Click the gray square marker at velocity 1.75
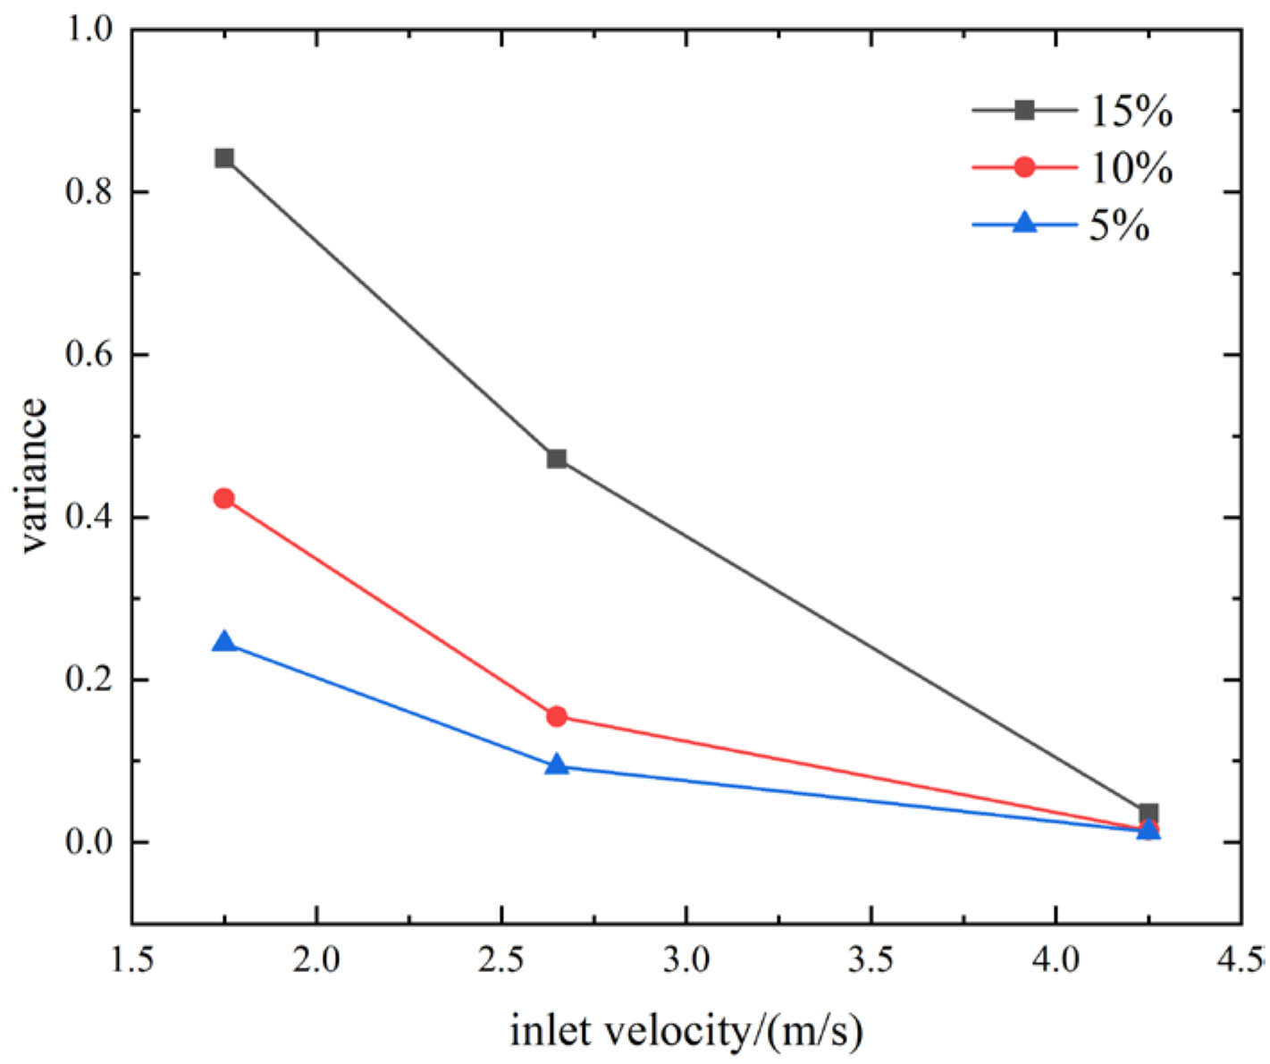click(224, 158)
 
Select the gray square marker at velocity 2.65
click(557, 459)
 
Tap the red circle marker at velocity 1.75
click(224, 499)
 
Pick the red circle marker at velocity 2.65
click(557, 716)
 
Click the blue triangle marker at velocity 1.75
click(224, 641)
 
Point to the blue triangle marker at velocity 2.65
click(557, 764)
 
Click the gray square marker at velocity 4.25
click(1148, 813)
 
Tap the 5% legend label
click(1119, 225)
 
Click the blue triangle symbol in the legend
click(1025, 222)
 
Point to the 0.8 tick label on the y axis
click(89, 191)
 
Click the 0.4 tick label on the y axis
click(89, 517)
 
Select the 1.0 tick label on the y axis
click(89, 30)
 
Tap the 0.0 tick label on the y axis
click(89, 842)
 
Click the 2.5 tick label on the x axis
click(501, 961)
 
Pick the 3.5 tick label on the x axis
click(871, 961)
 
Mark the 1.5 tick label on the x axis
click(132, 961)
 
